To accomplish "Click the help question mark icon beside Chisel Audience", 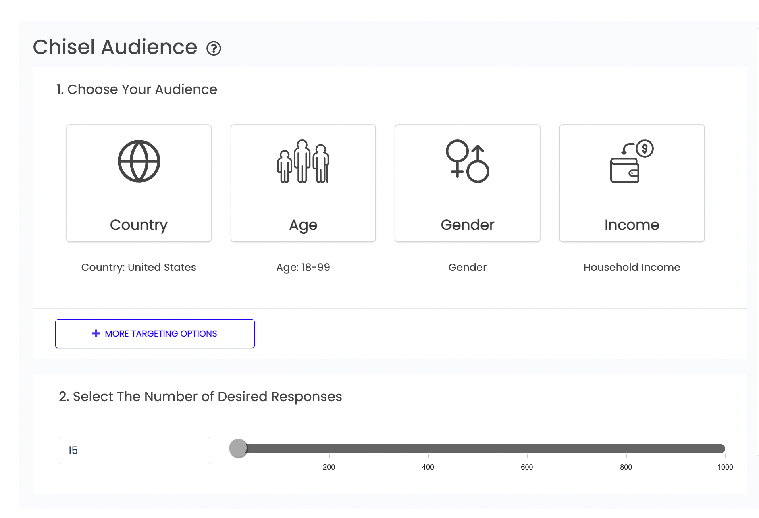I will pyautogui.click(x=214, y=48).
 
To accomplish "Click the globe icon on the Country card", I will pyautogui.click(x=139, y=161).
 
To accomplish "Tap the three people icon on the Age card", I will pyautogui.click(x=303, y=162).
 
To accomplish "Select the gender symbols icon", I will pyautogui.click(x=467, y=161).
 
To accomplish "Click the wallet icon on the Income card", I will pyautogui.click(x=631, y=162).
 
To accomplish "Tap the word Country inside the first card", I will pyautogui.click(x=139, y=225).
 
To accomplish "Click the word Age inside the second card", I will pyautogui.click(x=303, y=225).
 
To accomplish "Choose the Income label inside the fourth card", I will pyautogui.click(x=632, y=225).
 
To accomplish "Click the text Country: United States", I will pyautogui.click(x=139, y=267).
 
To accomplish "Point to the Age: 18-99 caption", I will pyautogui.click(x=303, y=267).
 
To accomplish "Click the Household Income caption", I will pyautogui.click(x=632, y=267).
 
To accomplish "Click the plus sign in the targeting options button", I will pyautogui.click(x=96, y=333).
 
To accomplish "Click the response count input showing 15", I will pyautogui.click(x=134, y=450).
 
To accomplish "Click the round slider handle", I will pyautogui.click(x=238, y=448).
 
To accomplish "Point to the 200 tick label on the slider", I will pyautogui.click(x=329, y=467).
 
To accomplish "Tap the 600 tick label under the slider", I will pyautogui.click(x=527, y=467).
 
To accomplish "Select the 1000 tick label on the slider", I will pyautogui.click(x=725, y=467).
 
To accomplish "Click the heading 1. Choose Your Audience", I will pyautogui.click(x=137, y=89).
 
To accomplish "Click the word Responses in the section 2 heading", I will pyautogui.click(x=306, y=397).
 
